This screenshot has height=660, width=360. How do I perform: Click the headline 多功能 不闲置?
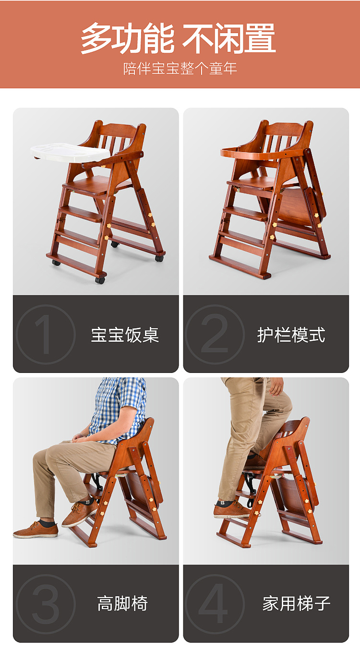pyautogui.click(x=178, y=38)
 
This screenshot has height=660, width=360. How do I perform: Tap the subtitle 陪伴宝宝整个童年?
pyautogui.click(x=180, y=68)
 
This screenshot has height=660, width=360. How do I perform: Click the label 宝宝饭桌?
pyautogui.click(x=125, y=335)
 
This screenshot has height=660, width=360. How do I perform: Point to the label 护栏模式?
pyautogui.click(x=291, y=335)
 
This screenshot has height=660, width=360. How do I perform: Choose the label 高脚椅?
pyautogui.click(x=122, y=603)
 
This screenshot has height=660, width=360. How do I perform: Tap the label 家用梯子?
pyautogui.click(x=296, y=603)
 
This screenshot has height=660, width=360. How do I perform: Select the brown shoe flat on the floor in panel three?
pyautogui.click(x=36, y=530)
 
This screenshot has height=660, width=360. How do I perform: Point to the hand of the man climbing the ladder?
pyautogui.click(x=276, y=386)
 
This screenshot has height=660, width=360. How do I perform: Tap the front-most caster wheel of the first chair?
pyautogui.click(x=100, y=280)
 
